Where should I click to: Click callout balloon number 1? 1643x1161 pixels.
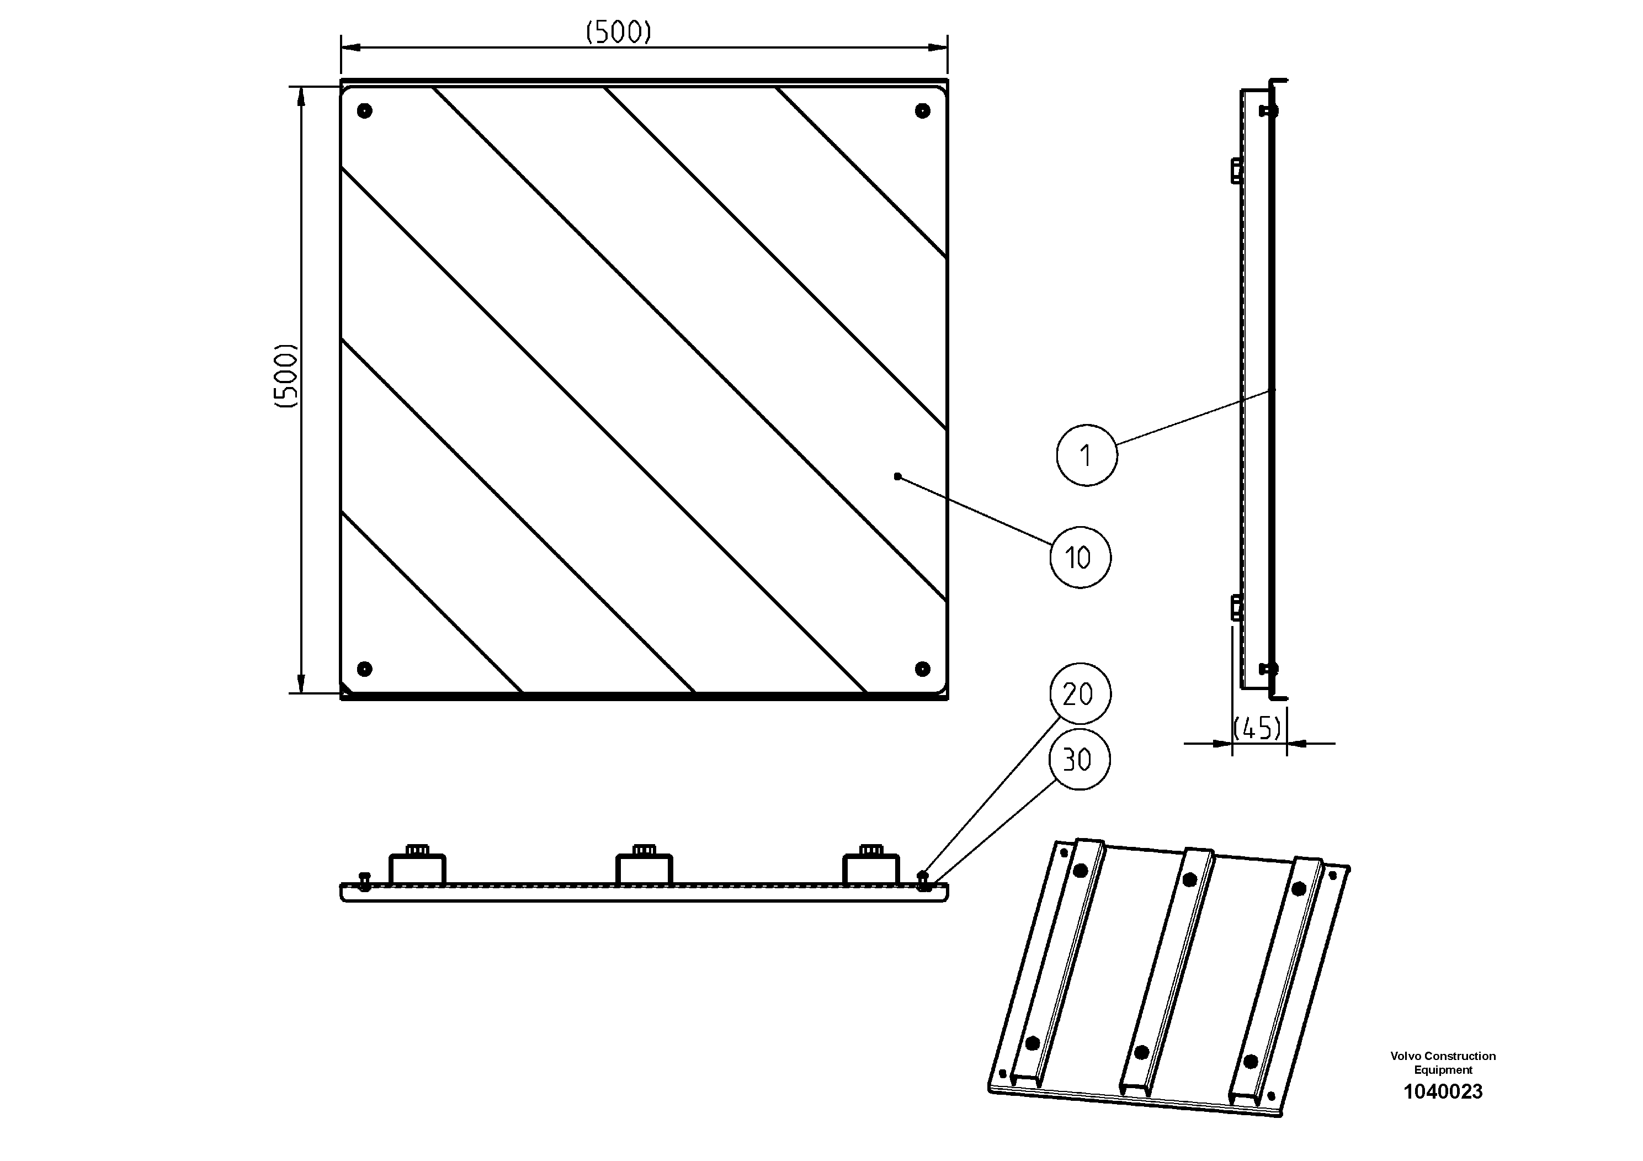pos(1086,455)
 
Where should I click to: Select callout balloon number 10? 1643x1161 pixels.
pos(1080,558)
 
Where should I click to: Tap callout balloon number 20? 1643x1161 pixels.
pos(1080,693)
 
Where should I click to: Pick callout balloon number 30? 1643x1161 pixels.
pos(1079,760)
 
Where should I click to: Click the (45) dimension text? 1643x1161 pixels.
pos(1258,729)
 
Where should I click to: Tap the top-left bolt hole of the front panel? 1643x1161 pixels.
pos(365,111)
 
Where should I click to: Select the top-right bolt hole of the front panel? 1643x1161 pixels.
pos(922,111)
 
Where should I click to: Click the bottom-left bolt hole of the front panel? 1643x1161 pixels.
pos(365,669)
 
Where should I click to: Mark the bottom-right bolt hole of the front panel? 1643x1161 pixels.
pos(922,669)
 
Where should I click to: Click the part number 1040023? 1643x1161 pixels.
pos(1443,1091)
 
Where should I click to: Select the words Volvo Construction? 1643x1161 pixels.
pos(1443,1056)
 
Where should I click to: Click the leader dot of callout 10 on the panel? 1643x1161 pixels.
pos(897,476)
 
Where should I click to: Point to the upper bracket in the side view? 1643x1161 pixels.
pos(1235,171)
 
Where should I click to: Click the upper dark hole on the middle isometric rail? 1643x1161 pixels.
pos(1190,879)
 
